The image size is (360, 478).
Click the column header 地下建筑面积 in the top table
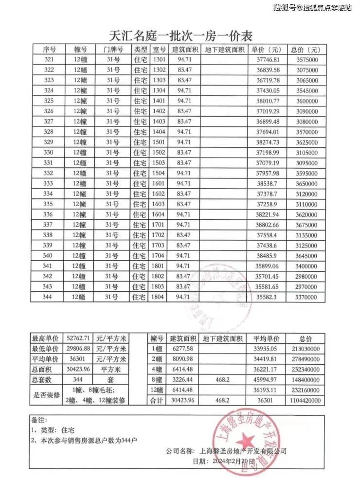tap(224, 50)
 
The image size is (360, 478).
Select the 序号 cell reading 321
tap(49, 60)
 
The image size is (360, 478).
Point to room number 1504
tap(159, 173)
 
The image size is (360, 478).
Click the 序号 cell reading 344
tap(49, 297)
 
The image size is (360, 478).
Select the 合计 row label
tap(157, 400)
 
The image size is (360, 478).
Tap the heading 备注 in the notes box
tap(40, 420)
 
